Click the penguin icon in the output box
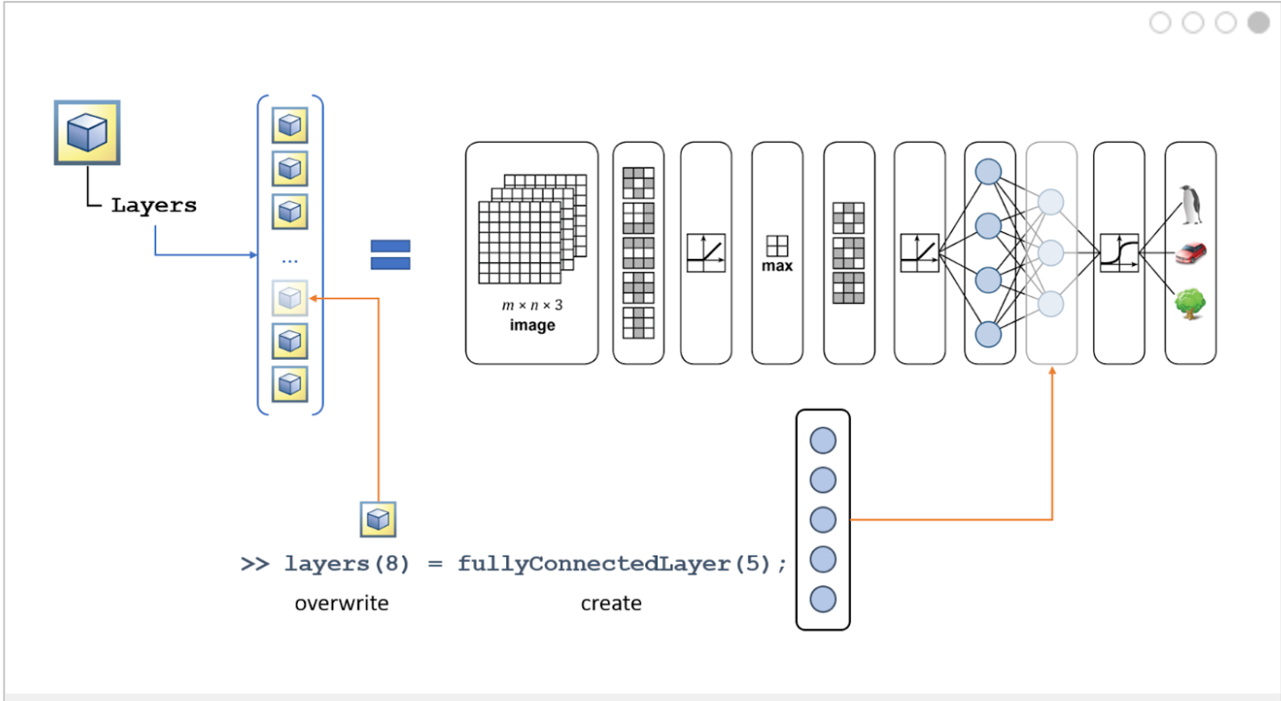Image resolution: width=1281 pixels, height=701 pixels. click(x=1191, y=206)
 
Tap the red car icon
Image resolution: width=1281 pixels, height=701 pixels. click(x=1191, y=253)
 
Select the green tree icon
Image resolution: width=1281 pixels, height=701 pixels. click(x=1191, y=303)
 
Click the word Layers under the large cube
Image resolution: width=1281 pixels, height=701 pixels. click(x=153, y=206)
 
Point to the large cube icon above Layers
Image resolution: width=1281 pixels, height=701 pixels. click(x=87, y=132)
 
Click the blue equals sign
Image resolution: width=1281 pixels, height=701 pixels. click(x=390, y=254)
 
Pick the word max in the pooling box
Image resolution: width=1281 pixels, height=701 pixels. click(x=777, y=266)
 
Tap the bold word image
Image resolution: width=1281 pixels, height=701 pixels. click(x=532, y=325)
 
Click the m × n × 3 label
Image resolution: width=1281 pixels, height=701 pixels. click(x=532, y=306)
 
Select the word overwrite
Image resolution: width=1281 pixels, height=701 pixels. click(x=341, y=604)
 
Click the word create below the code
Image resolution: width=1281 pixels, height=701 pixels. click(x=611, y=604)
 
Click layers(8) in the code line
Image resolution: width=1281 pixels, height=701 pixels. click(x=347, y=564)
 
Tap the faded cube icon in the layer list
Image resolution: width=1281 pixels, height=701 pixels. click(x=290, y=299)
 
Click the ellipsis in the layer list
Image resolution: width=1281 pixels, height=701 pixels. click(x=290, y=260)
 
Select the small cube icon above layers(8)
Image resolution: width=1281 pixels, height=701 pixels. click(x=378, y=519)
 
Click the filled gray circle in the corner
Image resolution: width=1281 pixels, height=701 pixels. click(x=1259, y=23)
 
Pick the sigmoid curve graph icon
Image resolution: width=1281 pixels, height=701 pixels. click(x=1119, y=253)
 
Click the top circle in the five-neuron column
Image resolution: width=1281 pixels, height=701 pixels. click(x=823, y=440)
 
